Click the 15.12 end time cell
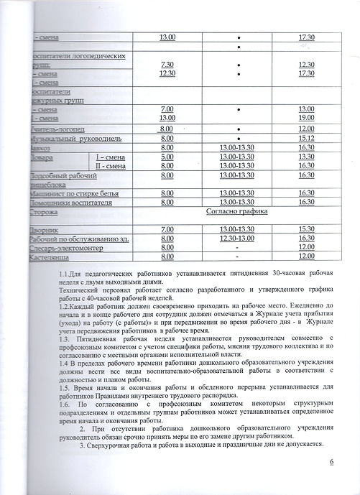click(x=305, y=138)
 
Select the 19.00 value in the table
click(x=305, y=117)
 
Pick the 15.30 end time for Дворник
click(x=305, y=228)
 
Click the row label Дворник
click(x=41, y=228)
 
